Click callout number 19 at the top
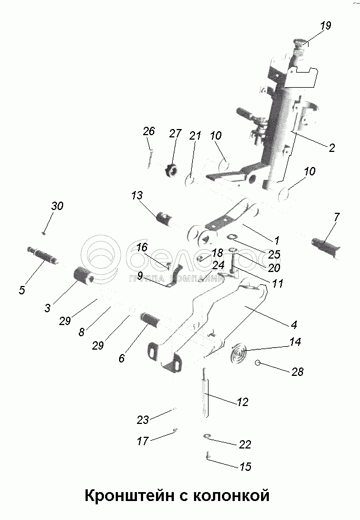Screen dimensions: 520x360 click(x=326, y=26)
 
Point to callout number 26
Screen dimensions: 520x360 click(x=148, y=132)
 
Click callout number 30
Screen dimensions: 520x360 click(x=57, y=206)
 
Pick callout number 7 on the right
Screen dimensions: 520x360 click(x=337, y=217)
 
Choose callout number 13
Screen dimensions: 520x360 click(x=137, y=195)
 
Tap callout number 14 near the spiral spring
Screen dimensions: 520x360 click(x=295, y=341)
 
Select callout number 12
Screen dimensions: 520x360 click(x=242, y=402)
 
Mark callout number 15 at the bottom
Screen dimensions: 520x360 click(x=245, y=466)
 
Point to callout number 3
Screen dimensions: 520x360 click(x=48, y=307)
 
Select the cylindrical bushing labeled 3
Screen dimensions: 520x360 click(x=84, y=276)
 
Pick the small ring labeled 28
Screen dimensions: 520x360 click(x=258, y=363)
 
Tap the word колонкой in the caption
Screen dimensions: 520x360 click(x=231, y=495)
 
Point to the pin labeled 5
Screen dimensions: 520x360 click(x=41, y=255)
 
